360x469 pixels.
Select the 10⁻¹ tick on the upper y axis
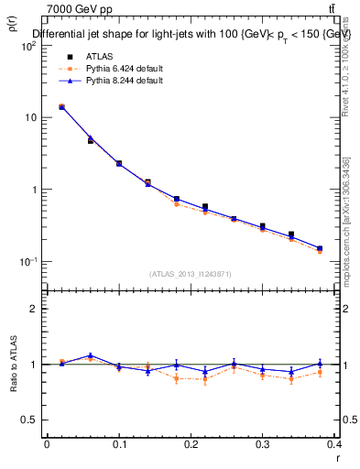pyautogui.click(x=28, y=261)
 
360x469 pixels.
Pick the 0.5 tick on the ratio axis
pyautogui.click(x=30, y=420)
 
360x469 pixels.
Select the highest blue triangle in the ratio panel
pyautogui.click(x=90, y=355)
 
